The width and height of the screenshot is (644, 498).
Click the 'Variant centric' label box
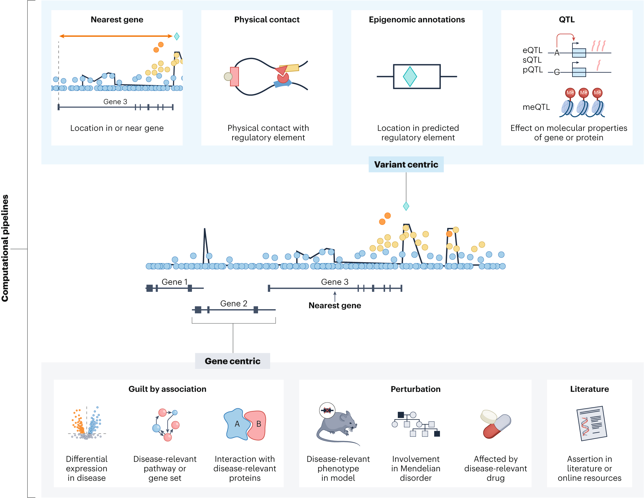coord(406,165)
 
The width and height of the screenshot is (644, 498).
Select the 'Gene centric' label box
coord(233,361)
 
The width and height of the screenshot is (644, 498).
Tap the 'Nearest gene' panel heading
coord(117,20)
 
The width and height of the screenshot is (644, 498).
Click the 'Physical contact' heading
coord(267,20)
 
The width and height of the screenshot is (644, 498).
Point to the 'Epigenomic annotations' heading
coord(417,20)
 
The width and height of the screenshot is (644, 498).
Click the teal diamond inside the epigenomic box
coord(410,77)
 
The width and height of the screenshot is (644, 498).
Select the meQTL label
coord(536,107)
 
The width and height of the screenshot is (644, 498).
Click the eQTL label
coord(532,50)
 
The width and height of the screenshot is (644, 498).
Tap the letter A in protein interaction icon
coord(237,424)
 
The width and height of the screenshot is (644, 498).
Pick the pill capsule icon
coord(496,424)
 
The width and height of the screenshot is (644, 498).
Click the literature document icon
coord(591,423)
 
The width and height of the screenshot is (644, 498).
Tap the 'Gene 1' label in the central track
coord(175,282)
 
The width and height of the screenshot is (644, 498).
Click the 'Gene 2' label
coord(234,303)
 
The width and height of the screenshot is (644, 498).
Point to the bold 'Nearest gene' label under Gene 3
coord(335,306)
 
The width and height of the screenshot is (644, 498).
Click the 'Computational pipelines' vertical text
coord(5,249)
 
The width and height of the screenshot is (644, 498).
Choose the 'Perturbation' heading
coord(415,389)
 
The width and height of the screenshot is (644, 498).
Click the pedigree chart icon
coord(416,424)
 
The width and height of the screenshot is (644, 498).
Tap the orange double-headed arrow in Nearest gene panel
coord(116,36)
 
